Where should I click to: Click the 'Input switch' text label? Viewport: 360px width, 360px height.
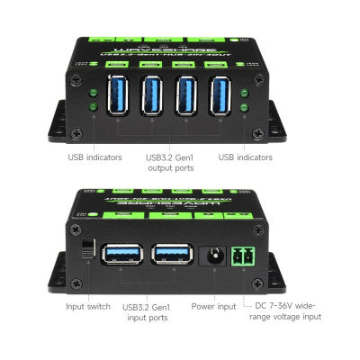[88, 306]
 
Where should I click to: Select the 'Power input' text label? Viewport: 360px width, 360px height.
[214, 306]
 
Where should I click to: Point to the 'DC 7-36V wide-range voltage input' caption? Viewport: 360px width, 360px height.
[289, 311]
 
